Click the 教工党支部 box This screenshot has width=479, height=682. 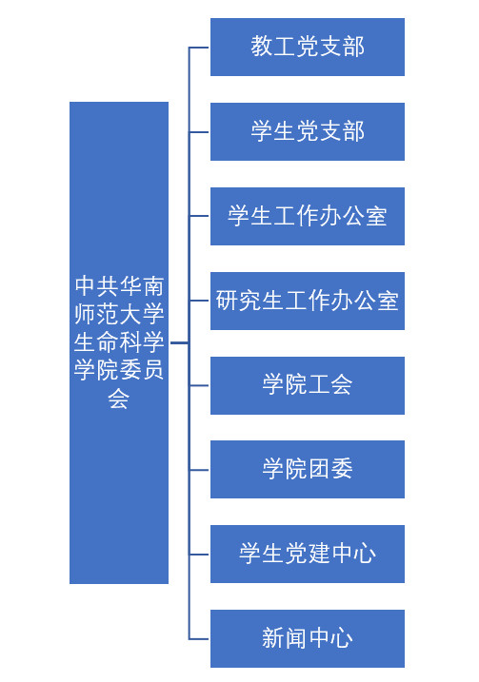tap(308, 47)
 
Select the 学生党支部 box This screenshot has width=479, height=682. tap(308, 132)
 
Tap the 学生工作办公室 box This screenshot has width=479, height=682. tap(308, 216)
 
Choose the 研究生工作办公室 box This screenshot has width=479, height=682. tap(308, 301)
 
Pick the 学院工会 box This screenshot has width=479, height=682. tap(308, 385)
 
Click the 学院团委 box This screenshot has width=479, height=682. tap(308, 469)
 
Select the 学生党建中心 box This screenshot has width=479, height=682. tap(308, 555)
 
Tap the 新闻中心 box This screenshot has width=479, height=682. tap(308, 638)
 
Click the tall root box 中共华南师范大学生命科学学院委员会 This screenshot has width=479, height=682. tap(119, 342)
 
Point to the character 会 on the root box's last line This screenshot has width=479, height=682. tap(119, 398)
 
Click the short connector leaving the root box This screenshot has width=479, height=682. tap(179, 342)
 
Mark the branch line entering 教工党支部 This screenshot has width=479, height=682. tap(199, 47)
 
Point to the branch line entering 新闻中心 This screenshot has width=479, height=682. tap(199, 639)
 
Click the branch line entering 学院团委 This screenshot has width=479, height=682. tap(199, 470)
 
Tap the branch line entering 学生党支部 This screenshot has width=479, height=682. tap(199, 132)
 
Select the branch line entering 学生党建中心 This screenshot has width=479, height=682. tap(199, 555)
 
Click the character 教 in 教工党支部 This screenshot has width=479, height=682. tap(262, 47)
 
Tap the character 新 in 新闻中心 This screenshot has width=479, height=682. tap(273, 638)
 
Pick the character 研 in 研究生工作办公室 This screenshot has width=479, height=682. tap(228, 301)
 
